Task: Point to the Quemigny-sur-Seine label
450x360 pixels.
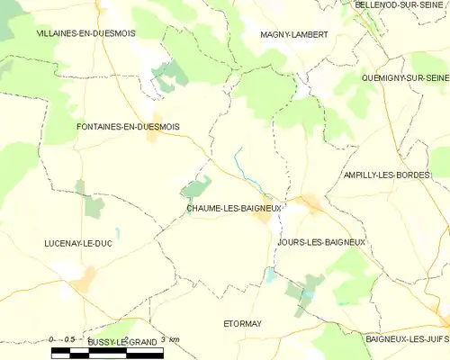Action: click(x=404, y=78)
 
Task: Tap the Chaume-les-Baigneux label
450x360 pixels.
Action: click(x=234, y=209)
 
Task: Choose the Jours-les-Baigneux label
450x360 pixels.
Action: click(x=320, y=242)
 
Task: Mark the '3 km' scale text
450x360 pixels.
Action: click(x=170, y=339)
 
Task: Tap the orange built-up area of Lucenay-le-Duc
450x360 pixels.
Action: click(x=85, y=281)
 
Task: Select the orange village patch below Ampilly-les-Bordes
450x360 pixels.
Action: click(x=312, y=203)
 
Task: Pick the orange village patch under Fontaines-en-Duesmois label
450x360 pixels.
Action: click(x=151, y=138)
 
